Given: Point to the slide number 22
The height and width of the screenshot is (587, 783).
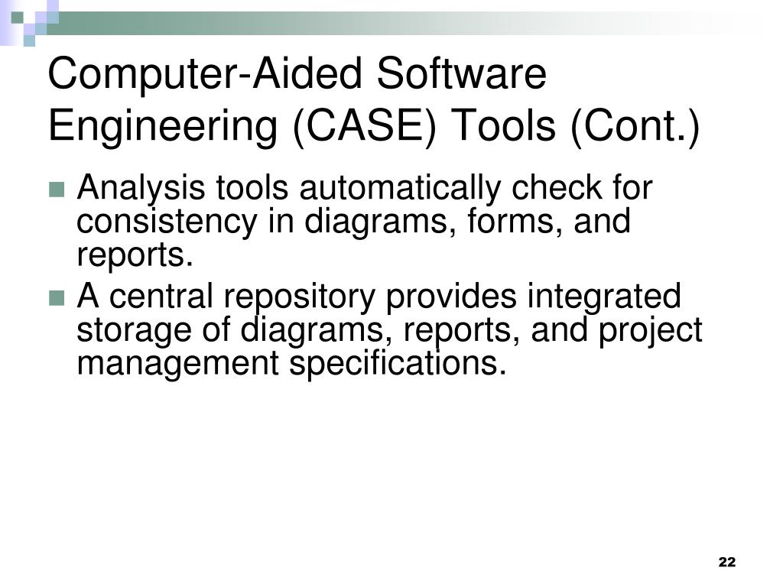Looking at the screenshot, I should click(x=726, y=563).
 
